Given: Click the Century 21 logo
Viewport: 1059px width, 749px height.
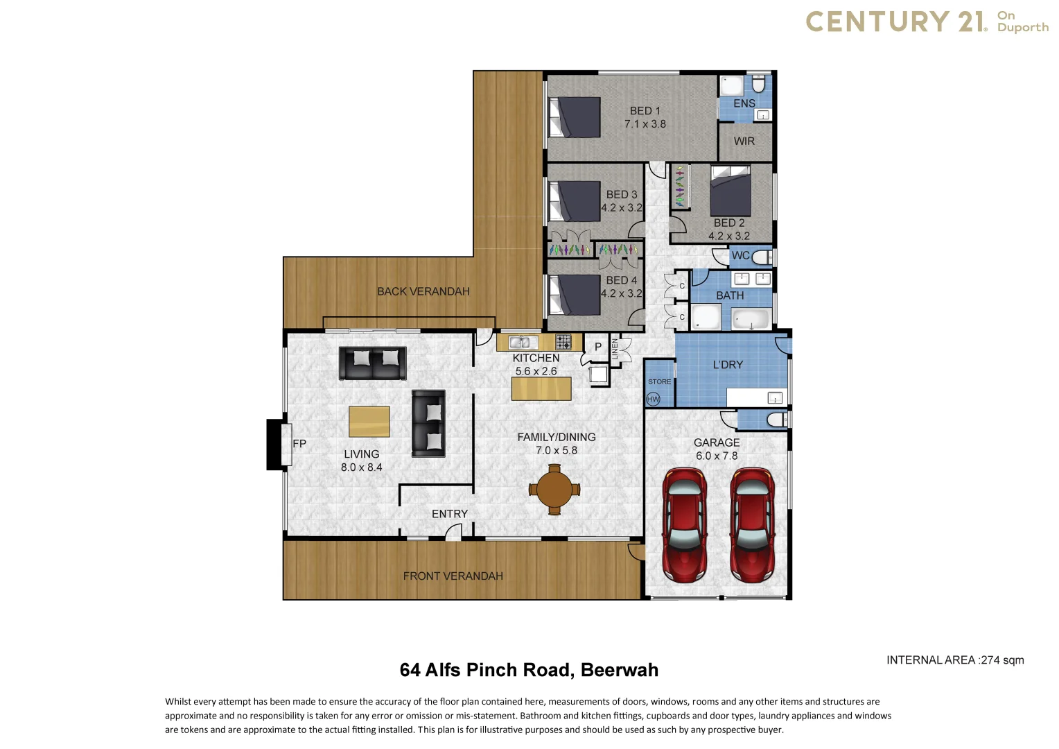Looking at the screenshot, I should point(927,21).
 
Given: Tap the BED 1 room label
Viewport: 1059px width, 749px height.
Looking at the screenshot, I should point(645,111).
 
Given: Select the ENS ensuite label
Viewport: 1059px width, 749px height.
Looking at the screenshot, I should point(744,103).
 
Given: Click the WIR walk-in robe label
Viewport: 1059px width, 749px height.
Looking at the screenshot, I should point(744,141).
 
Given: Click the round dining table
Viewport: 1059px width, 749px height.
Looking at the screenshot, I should point(554,489).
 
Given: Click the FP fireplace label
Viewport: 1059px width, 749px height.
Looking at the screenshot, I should point(299,444).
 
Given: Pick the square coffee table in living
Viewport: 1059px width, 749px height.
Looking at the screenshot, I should point(369,422).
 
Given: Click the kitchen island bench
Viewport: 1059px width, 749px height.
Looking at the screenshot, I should point(541,388).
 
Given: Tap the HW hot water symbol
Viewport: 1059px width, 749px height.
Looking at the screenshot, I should point(653,399).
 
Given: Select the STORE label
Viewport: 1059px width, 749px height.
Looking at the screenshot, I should point(659,381).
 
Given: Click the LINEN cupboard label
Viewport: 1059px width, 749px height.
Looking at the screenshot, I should point(615,349).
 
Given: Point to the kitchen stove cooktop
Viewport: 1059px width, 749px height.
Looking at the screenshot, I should point(563,341).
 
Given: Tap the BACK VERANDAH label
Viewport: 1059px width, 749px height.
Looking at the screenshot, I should point(423,291).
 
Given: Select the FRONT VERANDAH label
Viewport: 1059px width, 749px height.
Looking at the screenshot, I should point(453,576).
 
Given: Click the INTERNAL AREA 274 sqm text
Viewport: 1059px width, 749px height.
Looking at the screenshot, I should point(954,660).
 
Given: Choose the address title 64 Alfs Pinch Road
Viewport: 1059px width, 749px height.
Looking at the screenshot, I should point(529,670).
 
